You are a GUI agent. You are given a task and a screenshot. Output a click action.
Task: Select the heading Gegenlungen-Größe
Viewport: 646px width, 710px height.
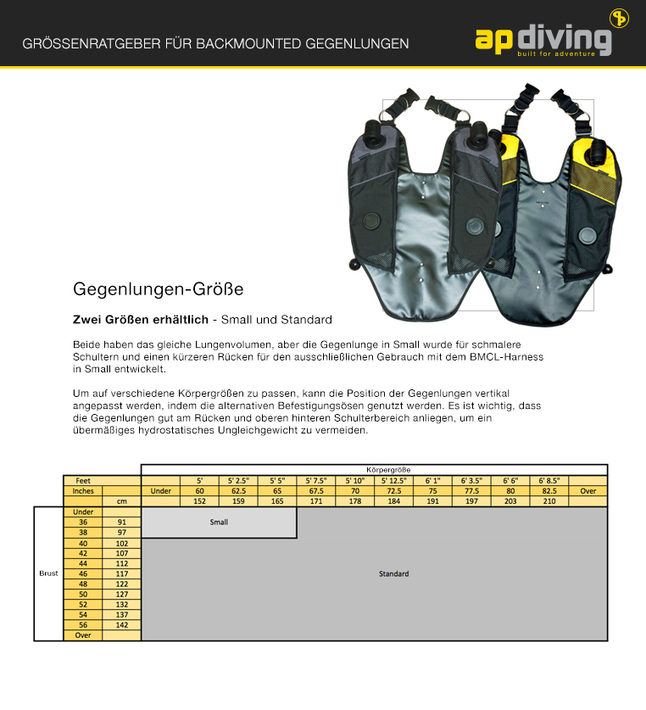pyautogui.click(x=159, y=289)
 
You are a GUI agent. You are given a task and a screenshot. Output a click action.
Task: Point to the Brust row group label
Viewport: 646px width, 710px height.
pyautogui.click(x=48, y=573)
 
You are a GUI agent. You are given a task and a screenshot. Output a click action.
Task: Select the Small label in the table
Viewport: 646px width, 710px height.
pyautogui.click(x=219, y=523)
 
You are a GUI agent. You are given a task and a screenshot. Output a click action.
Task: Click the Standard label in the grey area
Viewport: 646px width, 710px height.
pyautogui.click(x=393, y=574)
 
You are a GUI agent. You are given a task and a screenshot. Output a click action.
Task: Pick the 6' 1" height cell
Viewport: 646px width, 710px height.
pyautogui.click(x=432, y=480)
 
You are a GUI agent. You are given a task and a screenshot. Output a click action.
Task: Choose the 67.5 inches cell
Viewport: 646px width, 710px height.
pyautogui.click(x=315, y=490)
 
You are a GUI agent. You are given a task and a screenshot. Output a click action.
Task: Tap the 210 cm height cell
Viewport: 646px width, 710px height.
pyautogui.click(x=549, y=501)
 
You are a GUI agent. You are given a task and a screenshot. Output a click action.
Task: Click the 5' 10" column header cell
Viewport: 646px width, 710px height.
pyautogui.click(x=354, y=480)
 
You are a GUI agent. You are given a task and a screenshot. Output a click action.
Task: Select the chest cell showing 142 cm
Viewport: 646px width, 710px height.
pyautogui.click(x=121, y=624)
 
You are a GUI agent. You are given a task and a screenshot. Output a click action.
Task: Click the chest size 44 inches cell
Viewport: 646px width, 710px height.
pyautogui.click(x=83, y=563)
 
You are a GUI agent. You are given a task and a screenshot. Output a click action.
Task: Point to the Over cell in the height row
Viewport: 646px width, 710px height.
pyautogui.click(x=588, y=490)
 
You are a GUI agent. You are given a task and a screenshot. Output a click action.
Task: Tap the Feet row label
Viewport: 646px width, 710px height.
pyautogui.click(x=83, y=480)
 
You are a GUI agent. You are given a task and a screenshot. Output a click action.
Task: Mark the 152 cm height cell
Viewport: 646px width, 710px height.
pyautogui.click(x=199, y=501)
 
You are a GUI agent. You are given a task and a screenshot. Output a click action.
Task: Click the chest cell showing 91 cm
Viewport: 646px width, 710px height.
pyautogui.click(x=121, y=523)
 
